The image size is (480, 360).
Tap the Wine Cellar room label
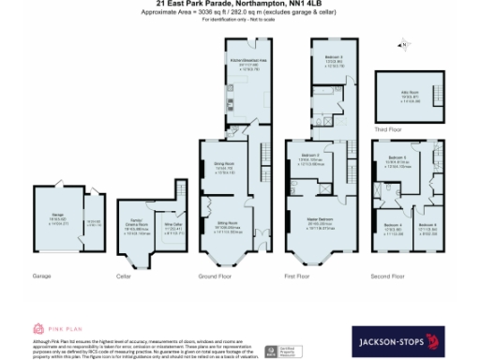173,224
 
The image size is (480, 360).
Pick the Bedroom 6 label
427,225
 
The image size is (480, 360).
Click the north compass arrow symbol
404,43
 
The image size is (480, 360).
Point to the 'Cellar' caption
123,276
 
